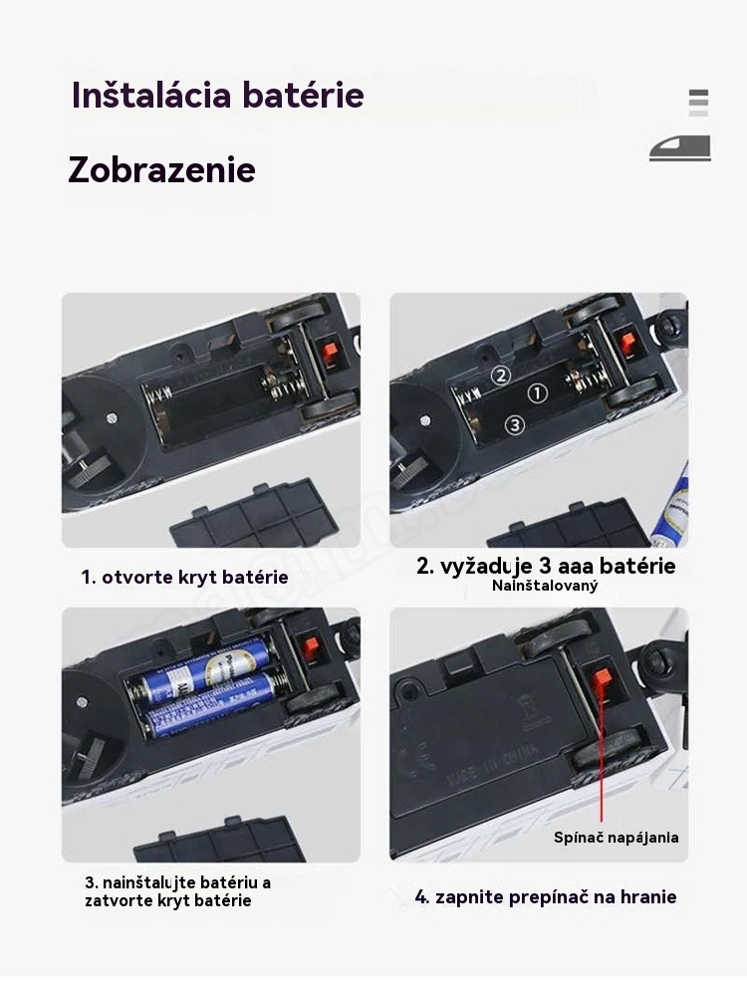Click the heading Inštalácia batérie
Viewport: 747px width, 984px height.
tap(218, 95)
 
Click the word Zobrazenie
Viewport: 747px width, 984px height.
tap(162, 169)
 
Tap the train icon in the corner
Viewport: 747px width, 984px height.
tap(680, 148)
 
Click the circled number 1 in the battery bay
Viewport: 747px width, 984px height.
tap(537, 393)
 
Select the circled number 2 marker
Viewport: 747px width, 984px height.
tap(501, 375)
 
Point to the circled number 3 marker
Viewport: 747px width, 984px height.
tap(515, 425)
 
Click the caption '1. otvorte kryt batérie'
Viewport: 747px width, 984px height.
tap(184, 577)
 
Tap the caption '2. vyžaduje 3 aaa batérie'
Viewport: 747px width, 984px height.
tap(546, 566)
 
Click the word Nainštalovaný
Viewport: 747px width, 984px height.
tap(545, 586)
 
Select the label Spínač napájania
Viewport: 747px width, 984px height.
tap(616, 838)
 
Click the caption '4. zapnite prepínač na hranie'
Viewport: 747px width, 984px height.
tap(546, 896)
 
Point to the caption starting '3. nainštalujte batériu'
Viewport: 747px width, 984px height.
tap(177, 891)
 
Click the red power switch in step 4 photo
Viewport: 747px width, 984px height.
tap(603, 678)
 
